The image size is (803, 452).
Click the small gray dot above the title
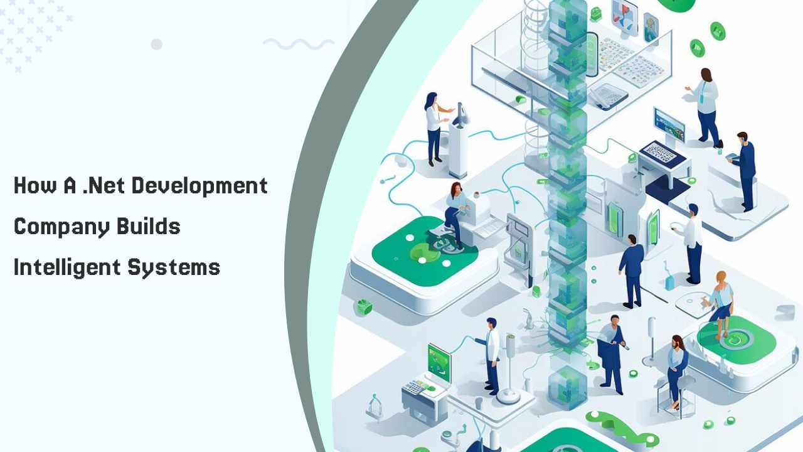pos(157,44)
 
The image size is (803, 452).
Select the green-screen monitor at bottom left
pos(439,361)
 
